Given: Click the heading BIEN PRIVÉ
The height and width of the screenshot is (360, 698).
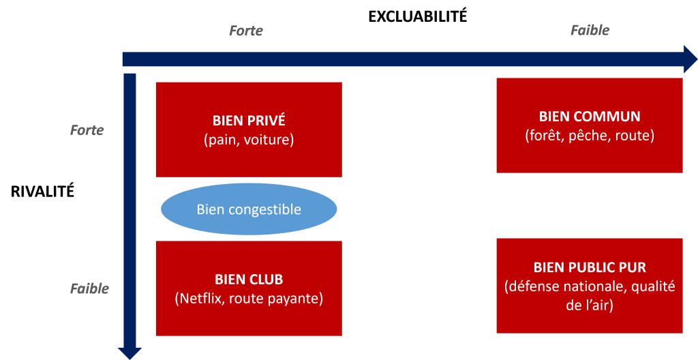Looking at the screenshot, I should pos(249,121).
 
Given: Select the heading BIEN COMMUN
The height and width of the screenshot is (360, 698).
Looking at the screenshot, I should pos(590,117).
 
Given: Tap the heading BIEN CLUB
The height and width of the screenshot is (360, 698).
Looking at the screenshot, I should pos(249,280).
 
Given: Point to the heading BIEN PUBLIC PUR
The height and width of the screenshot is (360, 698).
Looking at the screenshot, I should pos(590,267).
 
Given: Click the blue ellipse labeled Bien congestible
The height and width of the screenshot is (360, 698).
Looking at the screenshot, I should pos(249,209).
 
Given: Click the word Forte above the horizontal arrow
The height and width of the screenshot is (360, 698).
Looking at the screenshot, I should pos(245,31).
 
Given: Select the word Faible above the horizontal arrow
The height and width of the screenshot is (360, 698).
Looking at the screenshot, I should pos(590,31).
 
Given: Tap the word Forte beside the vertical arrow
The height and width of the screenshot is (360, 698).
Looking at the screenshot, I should pos(87,130).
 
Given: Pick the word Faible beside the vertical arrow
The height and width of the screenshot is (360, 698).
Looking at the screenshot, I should pos(89,288).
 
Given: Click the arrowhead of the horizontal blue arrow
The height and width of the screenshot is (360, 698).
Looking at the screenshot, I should pos(688,59).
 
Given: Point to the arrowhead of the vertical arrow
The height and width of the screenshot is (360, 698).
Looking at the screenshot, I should pos(130,351).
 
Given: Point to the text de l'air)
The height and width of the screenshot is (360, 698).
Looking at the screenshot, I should pos(590,306).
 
